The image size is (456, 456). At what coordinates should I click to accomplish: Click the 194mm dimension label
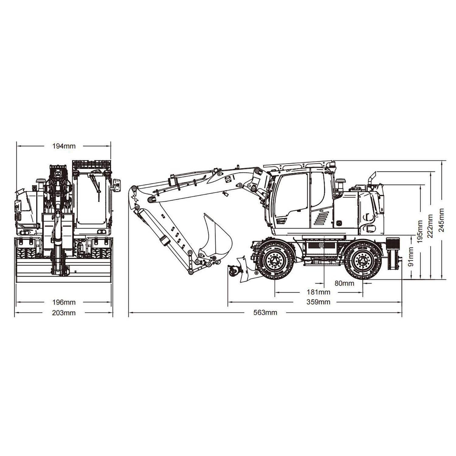coord(64,146)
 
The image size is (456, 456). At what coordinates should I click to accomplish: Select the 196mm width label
coord(64,302)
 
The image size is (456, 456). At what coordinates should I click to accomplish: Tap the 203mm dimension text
coord(64,313)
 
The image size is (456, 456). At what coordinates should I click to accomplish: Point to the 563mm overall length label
coord(265,313)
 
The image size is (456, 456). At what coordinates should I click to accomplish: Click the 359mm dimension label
coord(318,302)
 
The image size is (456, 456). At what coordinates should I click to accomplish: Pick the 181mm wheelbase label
coord(318,292)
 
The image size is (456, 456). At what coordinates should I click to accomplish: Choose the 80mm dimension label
coord(344,283)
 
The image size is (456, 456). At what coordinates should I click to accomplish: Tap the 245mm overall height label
coord(441,219)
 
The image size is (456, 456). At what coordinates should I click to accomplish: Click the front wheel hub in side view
coord(275,260)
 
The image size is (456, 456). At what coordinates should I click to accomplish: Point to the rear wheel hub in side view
coord(362,260)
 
